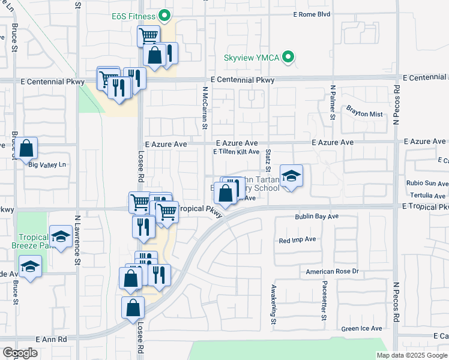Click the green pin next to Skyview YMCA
tap(289, 58)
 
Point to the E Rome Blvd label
tap(312, 14)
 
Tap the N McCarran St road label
tap(205, 108)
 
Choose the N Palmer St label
tap(332, 103)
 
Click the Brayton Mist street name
tap(364, 114)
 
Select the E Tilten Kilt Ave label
tap(237, 152)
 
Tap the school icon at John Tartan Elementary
tap(291, 176)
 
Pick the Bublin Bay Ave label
tap(317, 216)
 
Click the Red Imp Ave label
tap(297, 239)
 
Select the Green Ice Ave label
tap(361, 328)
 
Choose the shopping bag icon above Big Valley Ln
tap(26, 148)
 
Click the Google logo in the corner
tap(20, 353)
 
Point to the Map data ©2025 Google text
tap(411, 355)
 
